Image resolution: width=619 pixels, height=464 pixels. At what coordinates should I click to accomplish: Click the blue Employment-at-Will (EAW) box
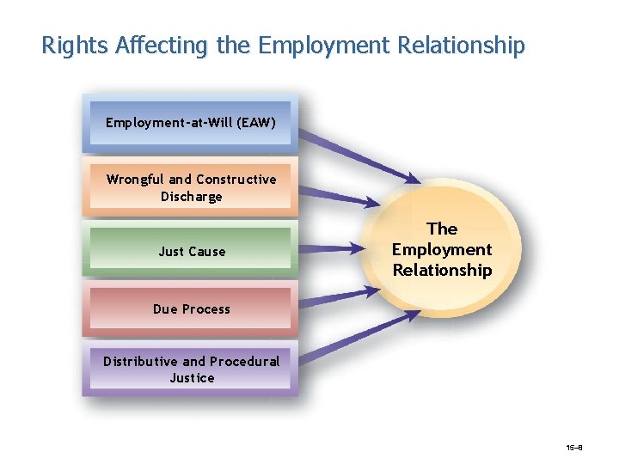tap(191, 123)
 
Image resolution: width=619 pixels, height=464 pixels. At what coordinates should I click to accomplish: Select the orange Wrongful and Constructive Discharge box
tap(191, 187)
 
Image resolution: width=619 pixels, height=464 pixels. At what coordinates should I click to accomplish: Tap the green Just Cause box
tap(191, 251)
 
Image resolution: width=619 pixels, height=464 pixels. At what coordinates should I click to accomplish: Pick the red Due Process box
tap(191, 308)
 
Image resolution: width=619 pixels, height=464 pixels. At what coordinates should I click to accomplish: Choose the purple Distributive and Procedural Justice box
tap(191, 369)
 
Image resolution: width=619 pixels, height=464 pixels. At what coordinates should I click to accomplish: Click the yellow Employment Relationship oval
tap(442, 249)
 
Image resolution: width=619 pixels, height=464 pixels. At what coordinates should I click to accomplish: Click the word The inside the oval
tap(442, 229)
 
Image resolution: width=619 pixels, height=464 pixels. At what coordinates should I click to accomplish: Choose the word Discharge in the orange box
tap(191, 197)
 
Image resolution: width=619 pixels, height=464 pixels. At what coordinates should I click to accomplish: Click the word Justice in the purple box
tap(192, 378)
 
